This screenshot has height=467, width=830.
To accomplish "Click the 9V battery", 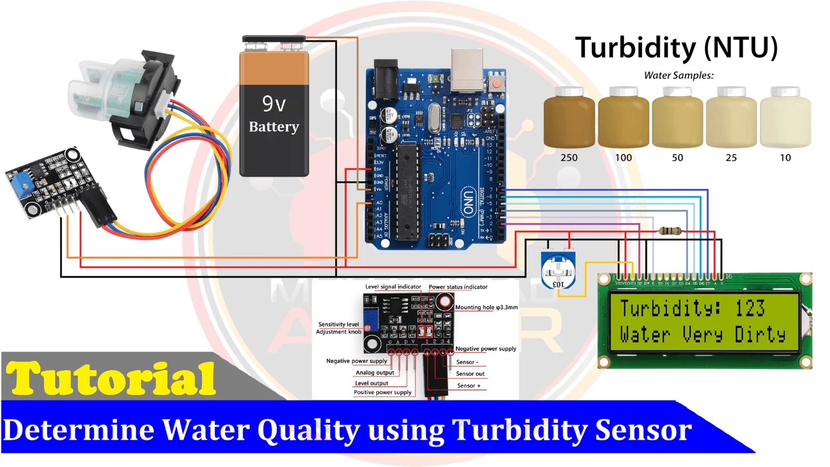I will point(274,112).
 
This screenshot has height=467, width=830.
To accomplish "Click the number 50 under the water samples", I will point(677,158).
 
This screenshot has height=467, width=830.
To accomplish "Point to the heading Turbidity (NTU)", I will point(676,48).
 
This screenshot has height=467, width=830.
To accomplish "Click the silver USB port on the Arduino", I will point(467,70).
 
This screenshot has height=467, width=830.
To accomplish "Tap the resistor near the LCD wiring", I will point(669,231).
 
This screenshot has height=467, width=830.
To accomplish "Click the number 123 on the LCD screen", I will point(750,308).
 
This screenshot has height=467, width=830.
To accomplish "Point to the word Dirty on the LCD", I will point(760,335).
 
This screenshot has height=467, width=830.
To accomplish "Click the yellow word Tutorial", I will point(110,379).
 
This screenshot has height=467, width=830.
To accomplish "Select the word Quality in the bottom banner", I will point(309,430).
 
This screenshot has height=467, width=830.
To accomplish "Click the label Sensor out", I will point(470,374).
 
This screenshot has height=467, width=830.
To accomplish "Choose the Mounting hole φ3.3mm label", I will point(486,307).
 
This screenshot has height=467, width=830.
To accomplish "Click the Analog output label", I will point(375,373).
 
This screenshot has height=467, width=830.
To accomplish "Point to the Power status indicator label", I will point(458,287).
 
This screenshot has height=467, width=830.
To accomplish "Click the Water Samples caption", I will point(679,75).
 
